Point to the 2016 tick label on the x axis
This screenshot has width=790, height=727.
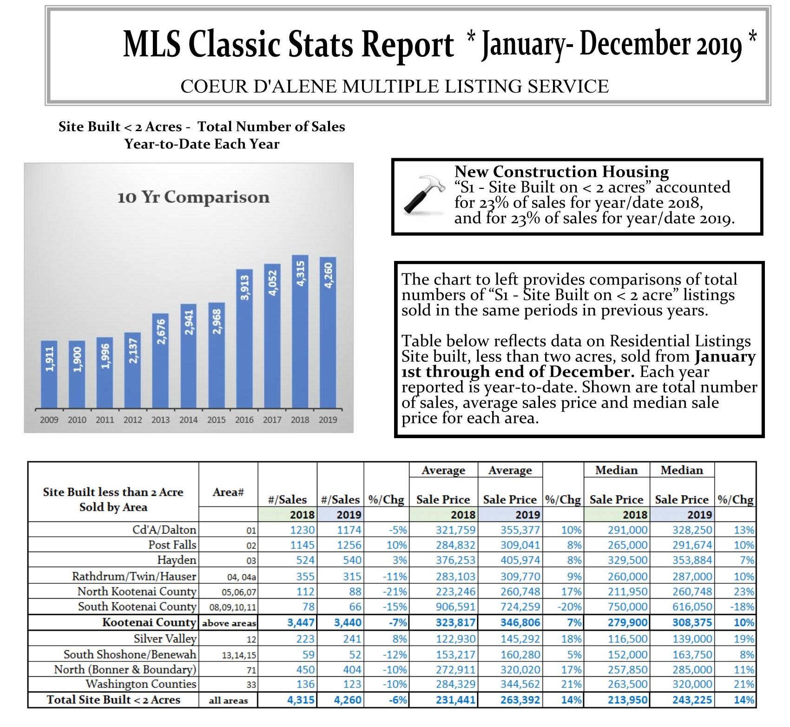coord(244,420)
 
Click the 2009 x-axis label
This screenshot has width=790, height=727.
coord(49,420)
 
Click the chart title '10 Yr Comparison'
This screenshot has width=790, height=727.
coord(193,197)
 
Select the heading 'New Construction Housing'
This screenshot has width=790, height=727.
coord(561,172)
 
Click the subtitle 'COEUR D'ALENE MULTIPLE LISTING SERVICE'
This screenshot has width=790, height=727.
coord(395,87)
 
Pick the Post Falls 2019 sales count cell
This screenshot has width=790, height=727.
coord(349,545)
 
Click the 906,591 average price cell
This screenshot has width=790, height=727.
coord(455,607)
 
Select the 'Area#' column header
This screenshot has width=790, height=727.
coord(228,492)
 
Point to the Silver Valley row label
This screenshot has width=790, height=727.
coord(165,639)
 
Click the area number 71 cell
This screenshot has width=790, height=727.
coord(251,670)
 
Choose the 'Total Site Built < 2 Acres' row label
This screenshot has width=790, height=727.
coord(113,700)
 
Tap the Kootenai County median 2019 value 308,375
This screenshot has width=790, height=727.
coord(692,622)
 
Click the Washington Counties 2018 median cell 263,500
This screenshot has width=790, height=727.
coord(627,684)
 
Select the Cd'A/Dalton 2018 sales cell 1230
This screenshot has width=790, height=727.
coord(303,530)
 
